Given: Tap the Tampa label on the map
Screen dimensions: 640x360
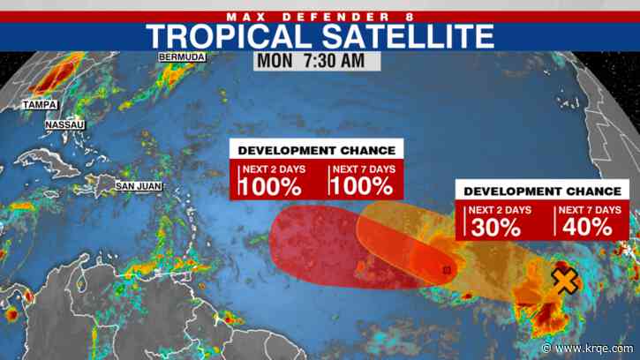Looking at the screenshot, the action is (x=40, y=105).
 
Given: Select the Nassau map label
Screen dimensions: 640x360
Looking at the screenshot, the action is (x=66, y=125).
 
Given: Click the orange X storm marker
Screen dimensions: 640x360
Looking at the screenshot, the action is (x=562, y=281).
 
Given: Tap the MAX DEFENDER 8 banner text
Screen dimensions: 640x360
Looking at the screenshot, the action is (x=320, y=15).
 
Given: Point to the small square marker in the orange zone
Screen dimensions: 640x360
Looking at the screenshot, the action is (x=447, y=270).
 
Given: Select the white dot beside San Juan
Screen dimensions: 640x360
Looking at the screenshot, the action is (x=109, y=186).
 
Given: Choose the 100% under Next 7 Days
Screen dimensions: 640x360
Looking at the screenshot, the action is (x=362, y=185).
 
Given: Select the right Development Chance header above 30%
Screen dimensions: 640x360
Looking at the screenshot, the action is (x=538, y=191).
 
